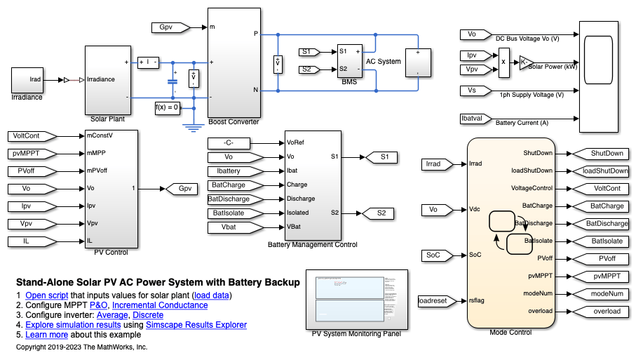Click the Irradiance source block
pos(27,80)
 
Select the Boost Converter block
pos(234,63)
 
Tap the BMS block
pos(349,60)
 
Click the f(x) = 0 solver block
pos(168,107)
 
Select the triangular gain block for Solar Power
pos(525,62)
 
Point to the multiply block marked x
pos(503,62)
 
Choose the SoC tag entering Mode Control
pos(435,254)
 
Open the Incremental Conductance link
pos(160,305)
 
